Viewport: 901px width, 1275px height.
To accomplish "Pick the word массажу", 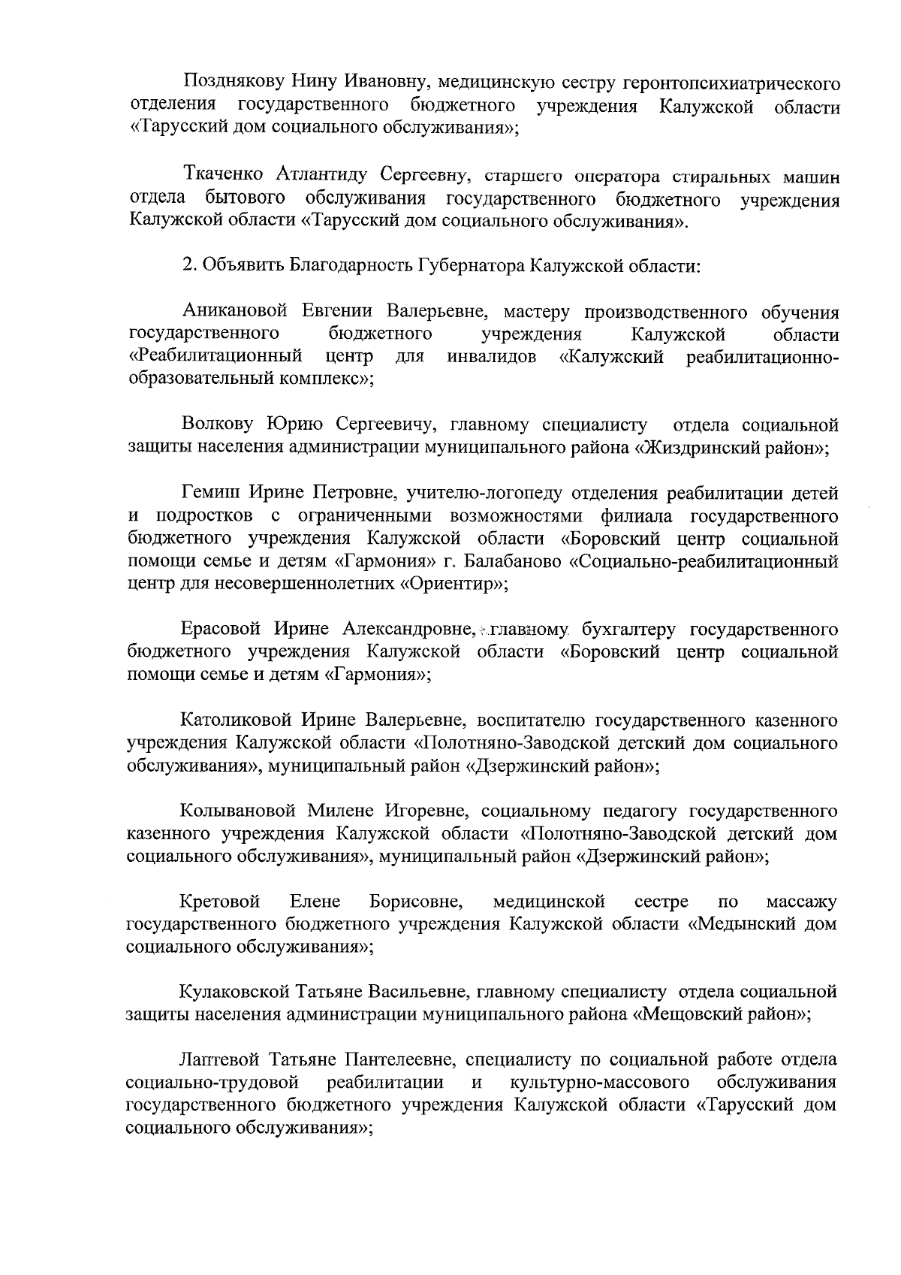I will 801,901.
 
